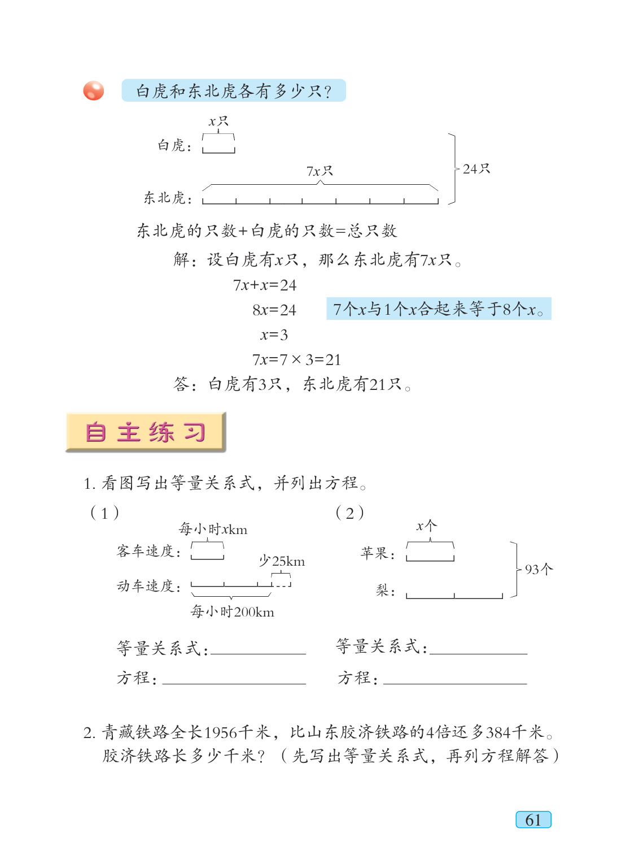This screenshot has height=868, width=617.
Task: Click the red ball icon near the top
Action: [94, 90]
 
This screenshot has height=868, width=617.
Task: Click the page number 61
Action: [533, 820]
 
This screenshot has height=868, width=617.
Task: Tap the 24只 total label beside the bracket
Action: [476, 169]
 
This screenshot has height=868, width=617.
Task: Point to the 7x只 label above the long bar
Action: [320, 171]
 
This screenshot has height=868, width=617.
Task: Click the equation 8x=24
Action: [274, 310]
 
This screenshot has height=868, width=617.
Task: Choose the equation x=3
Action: [274, 335]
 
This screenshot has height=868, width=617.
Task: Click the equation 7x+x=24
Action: [265, 285]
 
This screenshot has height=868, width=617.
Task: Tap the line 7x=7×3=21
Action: [296, 360]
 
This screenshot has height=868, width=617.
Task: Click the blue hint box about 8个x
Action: [439, 309]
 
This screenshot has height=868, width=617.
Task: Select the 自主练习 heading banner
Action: [146, 432]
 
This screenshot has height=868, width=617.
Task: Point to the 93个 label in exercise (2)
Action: [539, 570]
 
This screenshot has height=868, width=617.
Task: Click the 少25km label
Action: [282, 561]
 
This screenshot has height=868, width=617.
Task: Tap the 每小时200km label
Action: [233, 611]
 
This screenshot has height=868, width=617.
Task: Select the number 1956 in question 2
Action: [221, 733]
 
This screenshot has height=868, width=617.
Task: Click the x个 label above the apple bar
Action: [427, 526]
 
